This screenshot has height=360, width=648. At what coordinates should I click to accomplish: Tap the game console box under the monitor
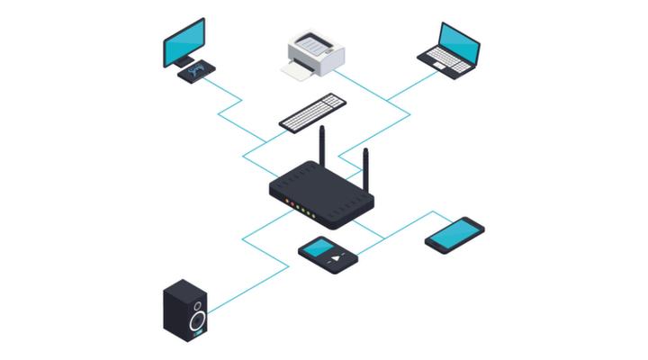[197, 71]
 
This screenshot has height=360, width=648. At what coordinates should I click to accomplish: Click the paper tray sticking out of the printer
[298, 71]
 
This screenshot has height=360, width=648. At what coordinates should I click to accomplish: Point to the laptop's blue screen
[460, 40]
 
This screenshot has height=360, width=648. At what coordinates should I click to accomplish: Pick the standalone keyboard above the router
[311, 112]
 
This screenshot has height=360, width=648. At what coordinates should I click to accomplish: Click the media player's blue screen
[317, 247]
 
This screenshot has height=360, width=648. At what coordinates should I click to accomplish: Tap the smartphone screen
[454, 233]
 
